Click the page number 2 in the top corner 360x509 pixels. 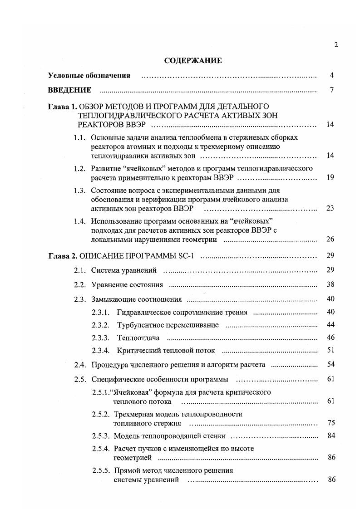click(336, 44)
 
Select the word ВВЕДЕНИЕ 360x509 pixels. click(70, 90)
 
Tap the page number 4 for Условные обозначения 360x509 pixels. click(332, 75)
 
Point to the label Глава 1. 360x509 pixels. click(63, 107)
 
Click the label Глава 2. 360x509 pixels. click(63, 256)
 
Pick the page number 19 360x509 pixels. click(330, 177)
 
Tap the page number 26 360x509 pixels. click(330, 239)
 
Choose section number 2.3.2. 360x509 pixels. click(101, 325)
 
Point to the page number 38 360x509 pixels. click(330, 285)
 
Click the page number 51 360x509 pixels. click(330, 350)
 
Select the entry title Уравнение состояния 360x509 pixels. click(127, 285)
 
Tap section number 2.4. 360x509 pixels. click(80, 365)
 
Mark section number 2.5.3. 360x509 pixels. click(101, 436)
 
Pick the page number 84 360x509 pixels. click(330, 436)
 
